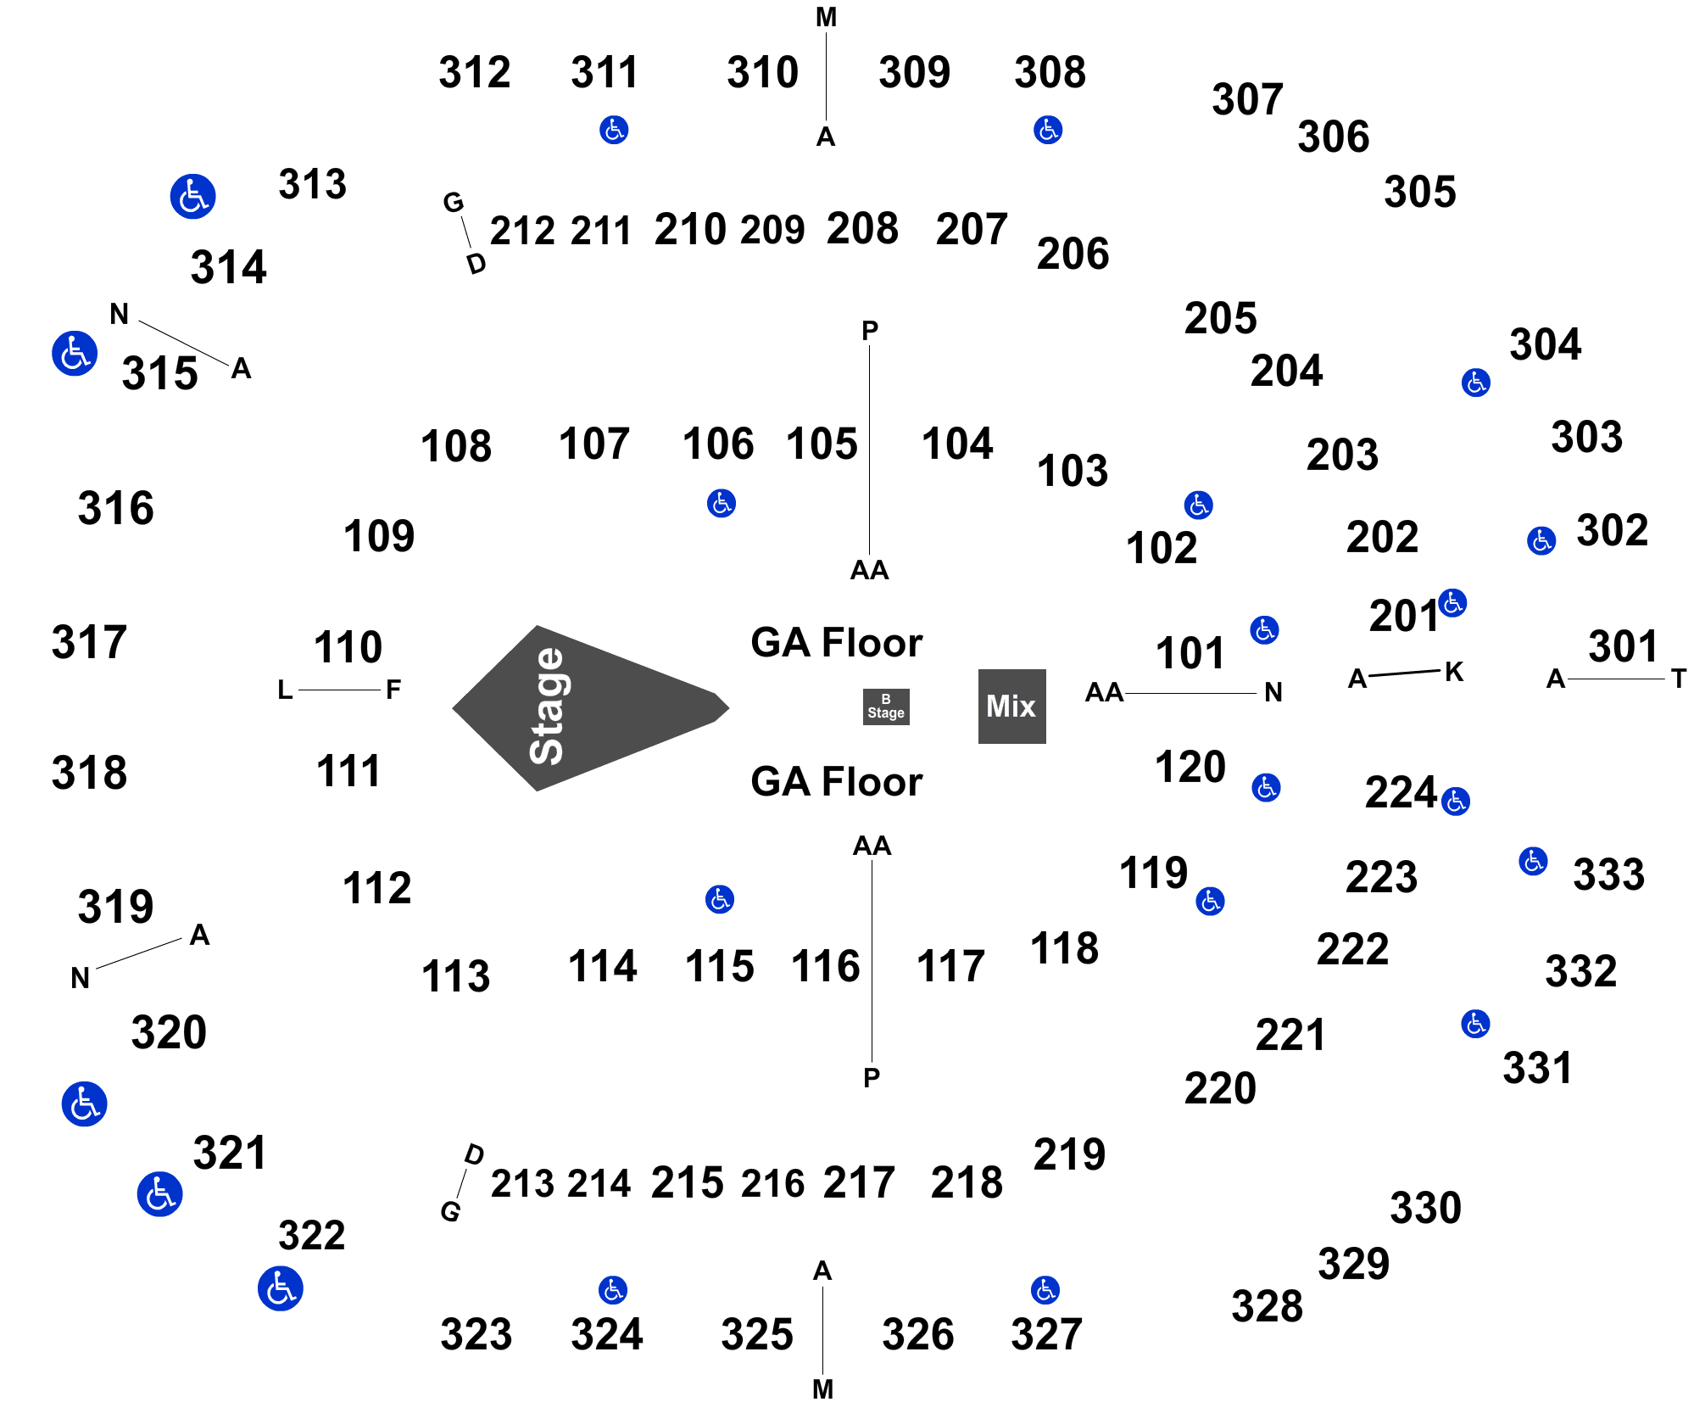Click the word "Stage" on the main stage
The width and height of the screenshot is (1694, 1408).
pos(547,707)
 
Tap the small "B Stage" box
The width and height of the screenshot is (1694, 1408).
pos(886,707)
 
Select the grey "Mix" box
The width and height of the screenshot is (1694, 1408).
pos(1011,707)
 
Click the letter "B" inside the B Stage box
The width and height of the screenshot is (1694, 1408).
pos(886,699)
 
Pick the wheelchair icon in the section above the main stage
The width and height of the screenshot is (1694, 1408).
pos(722,503)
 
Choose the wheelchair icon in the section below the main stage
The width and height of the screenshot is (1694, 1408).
pos(720,899)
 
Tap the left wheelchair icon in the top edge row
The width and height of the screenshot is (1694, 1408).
pos(614,130)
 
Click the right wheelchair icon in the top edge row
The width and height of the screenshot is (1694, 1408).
pos(1048,130)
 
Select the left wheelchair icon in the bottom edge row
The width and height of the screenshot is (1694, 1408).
pos(613,1290)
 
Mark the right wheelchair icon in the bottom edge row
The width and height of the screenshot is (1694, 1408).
pos(1045,1290)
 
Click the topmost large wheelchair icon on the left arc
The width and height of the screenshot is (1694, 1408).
pos(193,197)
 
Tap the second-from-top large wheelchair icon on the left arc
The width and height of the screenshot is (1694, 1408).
pos(75,353)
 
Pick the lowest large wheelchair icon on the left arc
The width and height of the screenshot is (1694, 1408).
pos(280,1288)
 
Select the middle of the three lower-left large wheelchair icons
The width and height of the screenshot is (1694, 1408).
pos(159,1194)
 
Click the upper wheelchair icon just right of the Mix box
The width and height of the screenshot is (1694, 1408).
pos(1264,630)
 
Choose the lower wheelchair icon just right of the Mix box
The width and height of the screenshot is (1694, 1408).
pos(1266,787)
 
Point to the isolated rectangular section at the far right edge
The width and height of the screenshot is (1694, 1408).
pos(1617,651)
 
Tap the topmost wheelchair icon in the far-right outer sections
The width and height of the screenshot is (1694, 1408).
pos(1476,383)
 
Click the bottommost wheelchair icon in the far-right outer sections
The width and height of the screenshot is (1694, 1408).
pos(1475,1024)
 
